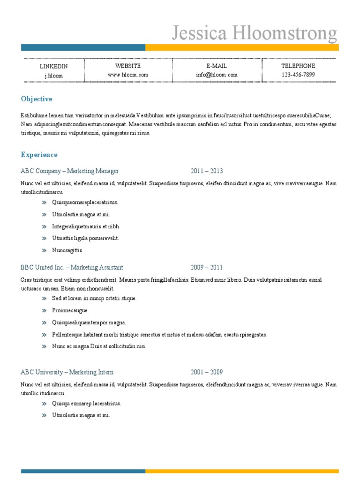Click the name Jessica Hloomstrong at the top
(254, 34)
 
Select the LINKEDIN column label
(53, 66)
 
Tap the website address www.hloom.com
(127, 75)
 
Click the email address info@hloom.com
(217, 75)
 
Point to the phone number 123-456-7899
(298, 75)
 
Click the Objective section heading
(37, 99)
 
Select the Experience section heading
(39, 155)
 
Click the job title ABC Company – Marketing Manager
(70, 171)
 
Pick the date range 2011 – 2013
(207, 171)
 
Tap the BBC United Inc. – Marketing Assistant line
(72, 268)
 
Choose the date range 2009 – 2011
(207, 268)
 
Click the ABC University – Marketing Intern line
(67, 372)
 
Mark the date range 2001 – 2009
(207, 372)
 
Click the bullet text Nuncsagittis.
(67, 250)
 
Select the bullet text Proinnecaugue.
(70, 310)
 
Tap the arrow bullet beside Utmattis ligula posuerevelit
(44, 238)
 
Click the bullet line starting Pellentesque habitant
(159, 335)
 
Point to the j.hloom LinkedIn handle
(53, 75)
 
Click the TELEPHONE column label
(298, 66)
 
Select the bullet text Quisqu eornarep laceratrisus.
(87, 403)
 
